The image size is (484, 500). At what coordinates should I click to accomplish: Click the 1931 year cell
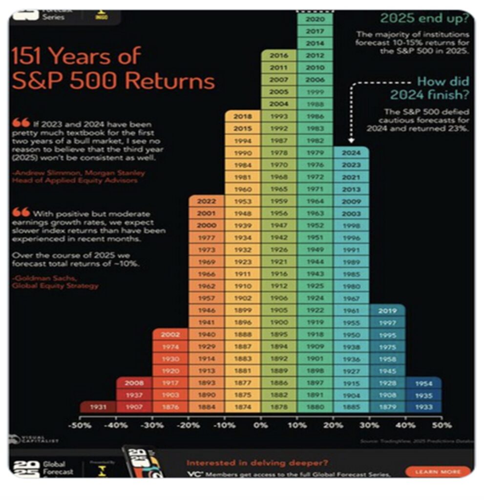[x=98, y=407]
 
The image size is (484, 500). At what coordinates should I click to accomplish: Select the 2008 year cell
[x=134, y=383]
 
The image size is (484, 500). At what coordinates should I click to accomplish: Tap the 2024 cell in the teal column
[x=351, y=153]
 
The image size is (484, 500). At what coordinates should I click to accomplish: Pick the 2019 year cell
[x=387, y=311]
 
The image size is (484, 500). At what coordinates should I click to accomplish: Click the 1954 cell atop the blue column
[x=423, y=383]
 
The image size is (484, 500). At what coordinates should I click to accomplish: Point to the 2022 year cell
[x=207, y=201]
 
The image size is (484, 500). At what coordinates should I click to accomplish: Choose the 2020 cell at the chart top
[x=315, y=20]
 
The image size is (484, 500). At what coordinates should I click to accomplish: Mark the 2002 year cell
[x=170, y=335]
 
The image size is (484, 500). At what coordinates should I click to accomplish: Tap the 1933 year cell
[x=423, y=407]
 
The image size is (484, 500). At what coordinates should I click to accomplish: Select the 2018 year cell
[x=243, y=117]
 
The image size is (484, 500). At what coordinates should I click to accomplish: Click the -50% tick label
[x=80, y=425]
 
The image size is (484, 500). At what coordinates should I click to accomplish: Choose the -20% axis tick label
[x=189, y=425]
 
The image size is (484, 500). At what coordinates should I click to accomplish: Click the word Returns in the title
[x=169, y=81]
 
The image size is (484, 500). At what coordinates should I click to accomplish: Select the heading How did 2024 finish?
[x=430, y=88]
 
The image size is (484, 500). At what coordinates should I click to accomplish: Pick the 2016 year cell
[x=279, y=56]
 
